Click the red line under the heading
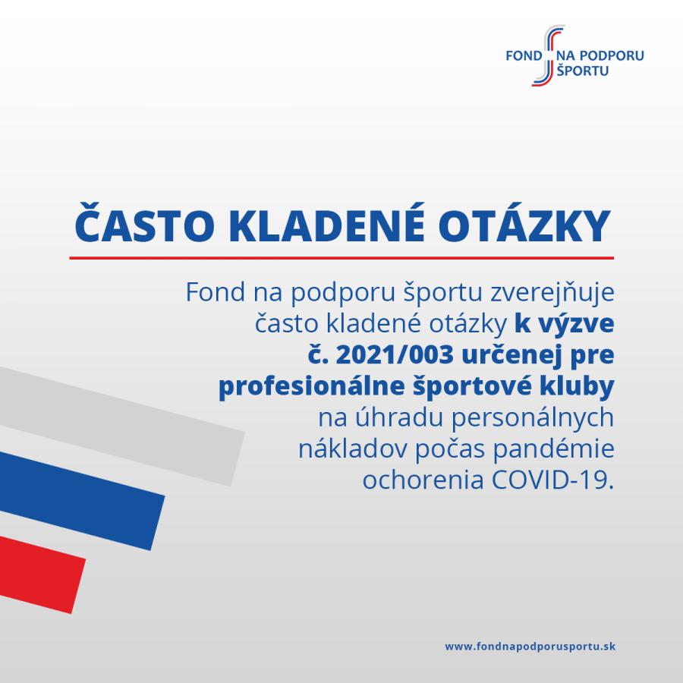coord(341,258)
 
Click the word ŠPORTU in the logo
coord(582,70)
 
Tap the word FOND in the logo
coord(524,55)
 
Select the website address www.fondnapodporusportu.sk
coord(530,646)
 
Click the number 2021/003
coord(395,354)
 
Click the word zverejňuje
coord(552,293)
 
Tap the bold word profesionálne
coord(311,387)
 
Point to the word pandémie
coord(554,449)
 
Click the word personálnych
coord(532,418)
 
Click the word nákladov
coord(353,449)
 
